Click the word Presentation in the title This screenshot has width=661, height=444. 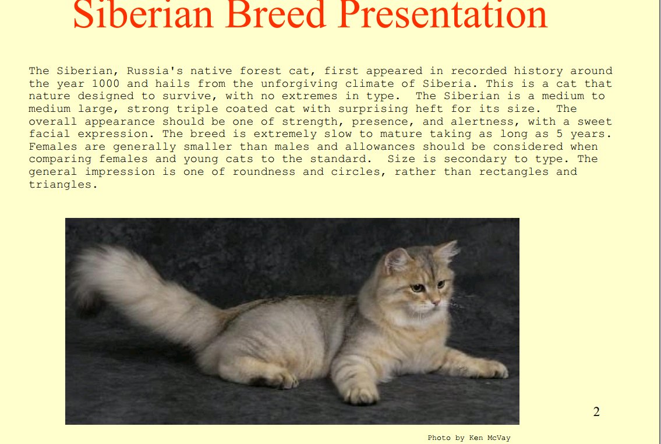pos(442,15)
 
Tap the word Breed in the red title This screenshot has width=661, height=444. pos(275,15)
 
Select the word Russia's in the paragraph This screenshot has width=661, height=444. pos(155,71)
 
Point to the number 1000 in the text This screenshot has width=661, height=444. pos(106,83)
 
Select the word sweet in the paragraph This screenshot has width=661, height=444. pos(595,121)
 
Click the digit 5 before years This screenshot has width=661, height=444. pos(560,134)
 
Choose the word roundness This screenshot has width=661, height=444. pos(264,172)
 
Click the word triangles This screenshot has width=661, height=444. pos(63,185)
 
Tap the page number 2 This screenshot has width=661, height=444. pos(596,412)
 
